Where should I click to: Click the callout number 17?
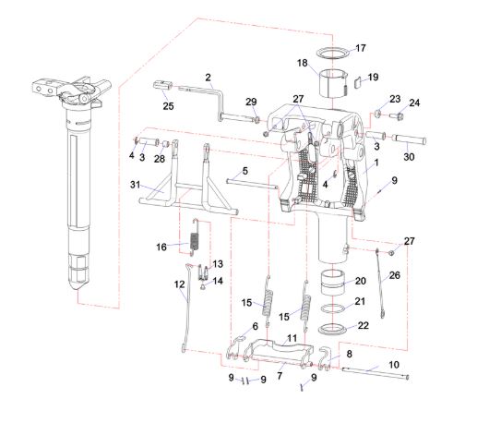(361, 48)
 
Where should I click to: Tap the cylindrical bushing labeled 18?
(333, 84)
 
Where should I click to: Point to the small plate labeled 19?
(358, 83)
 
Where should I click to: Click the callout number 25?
(168, 106)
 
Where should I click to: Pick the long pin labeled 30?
(409, 140)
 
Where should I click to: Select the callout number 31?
(135, 185)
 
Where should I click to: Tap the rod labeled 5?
(252, 183)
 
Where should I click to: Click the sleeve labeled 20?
(333, 283)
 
